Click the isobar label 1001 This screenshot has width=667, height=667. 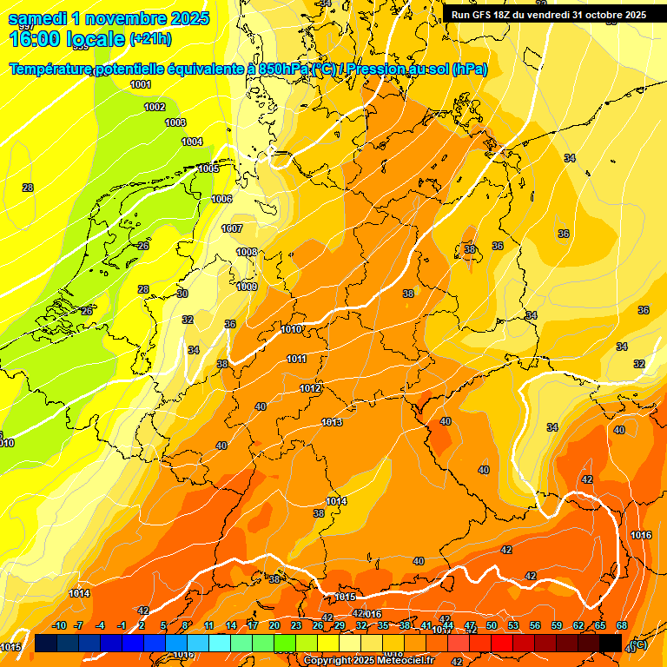[x=140, y=84]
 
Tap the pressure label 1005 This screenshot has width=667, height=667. [x=208, y=168]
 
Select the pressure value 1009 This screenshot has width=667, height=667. [x=248, y=287]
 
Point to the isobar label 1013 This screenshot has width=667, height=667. [x=332, y=422]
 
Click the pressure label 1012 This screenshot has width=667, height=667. [x=311, y=388]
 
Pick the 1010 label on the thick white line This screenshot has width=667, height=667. [x=292, y=329]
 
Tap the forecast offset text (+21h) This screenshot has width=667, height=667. [x=151, y=39]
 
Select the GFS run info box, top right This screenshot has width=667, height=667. [x=548, y=15]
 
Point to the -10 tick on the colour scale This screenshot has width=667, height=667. [x=60, y=625]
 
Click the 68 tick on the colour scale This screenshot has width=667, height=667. [x=622, y=625]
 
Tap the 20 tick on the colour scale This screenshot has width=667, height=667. [x=274, y=625]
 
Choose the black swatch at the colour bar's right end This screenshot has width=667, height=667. [x=611, y=643]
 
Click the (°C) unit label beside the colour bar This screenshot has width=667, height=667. [x=638, y=644]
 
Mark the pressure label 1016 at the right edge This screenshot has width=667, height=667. [x=641, y=535]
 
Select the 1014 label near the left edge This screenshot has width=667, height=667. [x=79, y=593]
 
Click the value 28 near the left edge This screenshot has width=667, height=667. [x=28, y=188]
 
